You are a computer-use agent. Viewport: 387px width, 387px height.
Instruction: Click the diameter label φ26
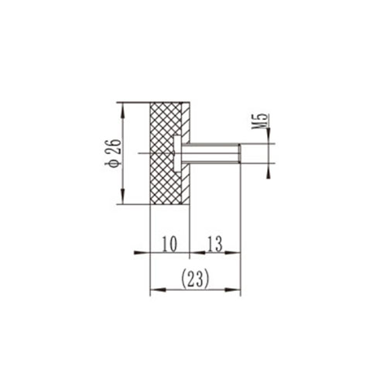[x=114, y=152]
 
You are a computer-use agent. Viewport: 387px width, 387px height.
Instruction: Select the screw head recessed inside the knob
[x=179, y=152]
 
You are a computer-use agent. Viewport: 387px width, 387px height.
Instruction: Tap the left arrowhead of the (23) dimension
[x=152, y=290]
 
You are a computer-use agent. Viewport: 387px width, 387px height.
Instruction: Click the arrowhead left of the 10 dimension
[x=144, y=252]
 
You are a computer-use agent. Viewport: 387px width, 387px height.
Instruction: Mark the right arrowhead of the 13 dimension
[x=236, y=252]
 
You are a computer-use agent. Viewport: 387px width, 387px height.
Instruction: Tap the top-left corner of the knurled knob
[x=149, y=101]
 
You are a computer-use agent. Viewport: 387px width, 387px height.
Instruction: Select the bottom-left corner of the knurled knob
[x=149, y=204]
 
